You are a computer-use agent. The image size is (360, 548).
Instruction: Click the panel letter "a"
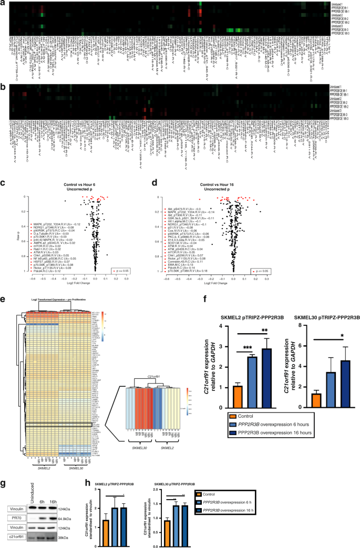tap(3, 4)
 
